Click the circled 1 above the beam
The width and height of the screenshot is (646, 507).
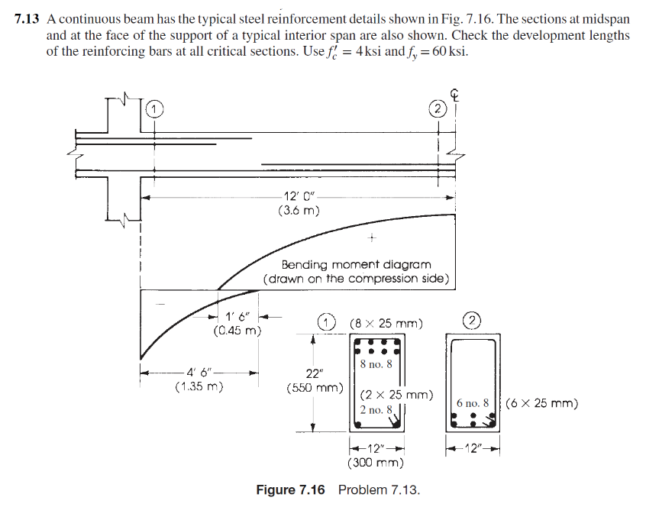pyautogui.click(x=155, y=108)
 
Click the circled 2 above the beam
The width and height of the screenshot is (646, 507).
pyautogui.click(x=437, y=108)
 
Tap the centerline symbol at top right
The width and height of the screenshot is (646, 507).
pyautogui.click(x=456, y=95)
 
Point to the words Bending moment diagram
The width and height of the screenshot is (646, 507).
pyautogui.click(x=358, y=264)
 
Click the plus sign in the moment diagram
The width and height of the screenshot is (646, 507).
pyautogui.click(x=371, y=237)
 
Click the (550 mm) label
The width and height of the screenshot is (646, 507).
pyautogui.click(x=314, y=387)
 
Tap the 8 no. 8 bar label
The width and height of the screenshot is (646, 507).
pyautogui.click(x=376, y=364)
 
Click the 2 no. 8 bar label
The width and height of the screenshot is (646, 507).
pyautogui.click(x=376, y=410)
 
